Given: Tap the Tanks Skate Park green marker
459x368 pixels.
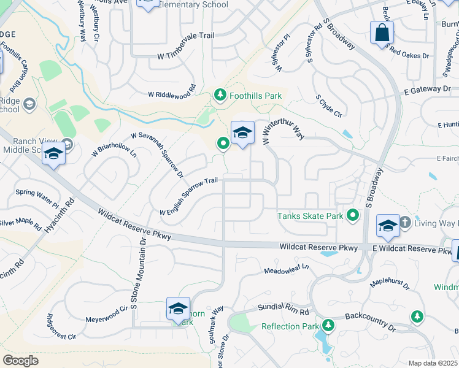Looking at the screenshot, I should pos(353,215).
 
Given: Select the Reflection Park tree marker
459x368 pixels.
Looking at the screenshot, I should pos(328,326).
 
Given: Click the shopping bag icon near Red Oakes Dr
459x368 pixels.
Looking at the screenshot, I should pos(381,33).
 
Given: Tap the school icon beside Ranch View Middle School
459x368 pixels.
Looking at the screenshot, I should pos(54,155).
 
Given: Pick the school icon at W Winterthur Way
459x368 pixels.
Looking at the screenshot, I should pos(242,132).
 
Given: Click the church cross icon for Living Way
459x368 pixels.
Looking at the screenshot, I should pos(405,222).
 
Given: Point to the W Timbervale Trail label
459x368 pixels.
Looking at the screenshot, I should pos(186,55).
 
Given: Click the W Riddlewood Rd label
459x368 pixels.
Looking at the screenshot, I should pos(171,94).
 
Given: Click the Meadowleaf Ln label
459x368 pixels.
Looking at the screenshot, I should pos(287,270).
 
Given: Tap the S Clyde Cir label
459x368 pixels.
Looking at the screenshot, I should pos(328,105).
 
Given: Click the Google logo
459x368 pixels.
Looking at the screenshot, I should pos(20,361).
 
